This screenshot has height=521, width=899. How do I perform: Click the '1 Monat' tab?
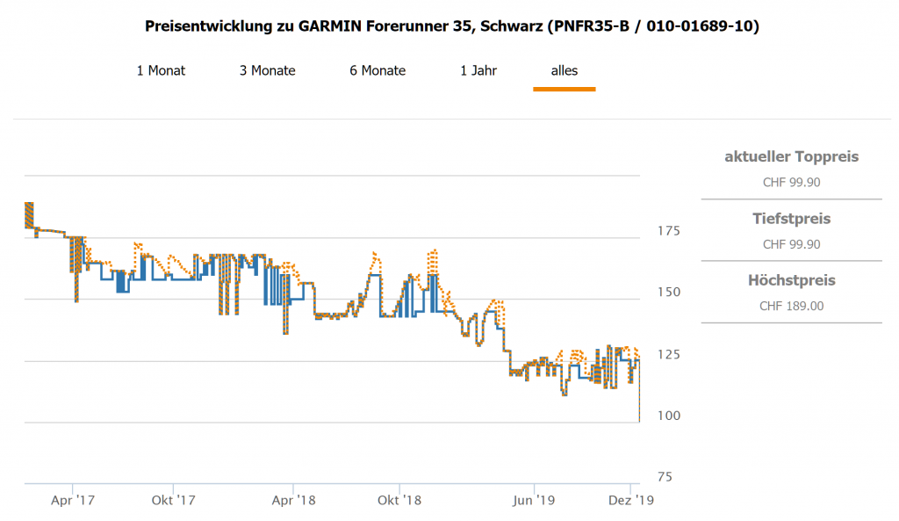point(161,70)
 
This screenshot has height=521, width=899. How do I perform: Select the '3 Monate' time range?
point(267,70)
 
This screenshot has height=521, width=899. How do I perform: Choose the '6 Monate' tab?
point(378,70)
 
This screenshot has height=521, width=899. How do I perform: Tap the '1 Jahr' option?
point(478,70)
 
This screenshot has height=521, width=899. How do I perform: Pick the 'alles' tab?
point(565,70)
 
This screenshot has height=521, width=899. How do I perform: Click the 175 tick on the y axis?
point(669,230)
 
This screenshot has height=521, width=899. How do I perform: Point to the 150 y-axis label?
point(669,292)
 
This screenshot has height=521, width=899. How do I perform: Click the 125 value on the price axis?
point(669,354)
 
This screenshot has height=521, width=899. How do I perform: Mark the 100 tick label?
point(669,416)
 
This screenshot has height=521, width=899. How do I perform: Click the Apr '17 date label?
point(73,501)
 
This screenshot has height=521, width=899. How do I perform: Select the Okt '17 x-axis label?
point(173,501)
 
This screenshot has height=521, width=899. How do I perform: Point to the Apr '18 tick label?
point(293,501)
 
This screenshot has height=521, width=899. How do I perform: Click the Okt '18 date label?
point(399,501)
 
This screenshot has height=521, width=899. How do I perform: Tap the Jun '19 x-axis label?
point(534,501)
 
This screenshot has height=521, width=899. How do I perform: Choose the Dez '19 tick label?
point(630,501)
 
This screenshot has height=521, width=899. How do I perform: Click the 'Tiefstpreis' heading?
point(791,219)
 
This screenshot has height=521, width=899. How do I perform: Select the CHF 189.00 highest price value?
point(791,306)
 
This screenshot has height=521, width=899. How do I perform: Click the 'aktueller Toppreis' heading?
point(791,157)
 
